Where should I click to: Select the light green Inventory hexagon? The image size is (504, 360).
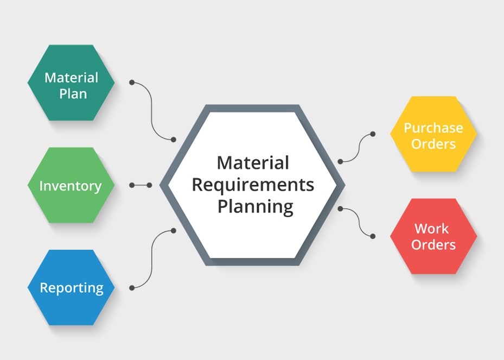click(x=71, y=186)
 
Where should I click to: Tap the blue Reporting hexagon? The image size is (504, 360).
click(x=71, y=288)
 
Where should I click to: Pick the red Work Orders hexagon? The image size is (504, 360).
click(x=433, y=236)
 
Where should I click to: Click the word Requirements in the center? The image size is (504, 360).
click(x=253, y=185)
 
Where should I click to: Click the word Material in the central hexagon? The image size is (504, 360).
click(x=253, y=162)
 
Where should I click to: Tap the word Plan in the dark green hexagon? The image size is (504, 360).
click(x=73, y=93)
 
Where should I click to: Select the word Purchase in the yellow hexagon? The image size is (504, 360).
click(x=433, y=128)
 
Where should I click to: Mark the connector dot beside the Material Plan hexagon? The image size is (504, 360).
click(x=132, y=83)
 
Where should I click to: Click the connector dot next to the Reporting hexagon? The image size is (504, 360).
click(x=132, y=288)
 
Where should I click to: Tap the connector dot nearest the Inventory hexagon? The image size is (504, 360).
click(x=132, y=185)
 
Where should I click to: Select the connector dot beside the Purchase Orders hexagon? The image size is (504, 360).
click(x=373, y=134)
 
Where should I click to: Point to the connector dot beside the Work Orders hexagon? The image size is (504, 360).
click(x=373, y=236)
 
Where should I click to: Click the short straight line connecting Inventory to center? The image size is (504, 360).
click(x=141, y=185)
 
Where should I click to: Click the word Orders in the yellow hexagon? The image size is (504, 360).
click(x=433, y=144)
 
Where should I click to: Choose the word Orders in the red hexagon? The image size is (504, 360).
click(x=433, y=245)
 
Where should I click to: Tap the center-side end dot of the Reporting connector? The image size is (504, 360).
click(x=174, y=230)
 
